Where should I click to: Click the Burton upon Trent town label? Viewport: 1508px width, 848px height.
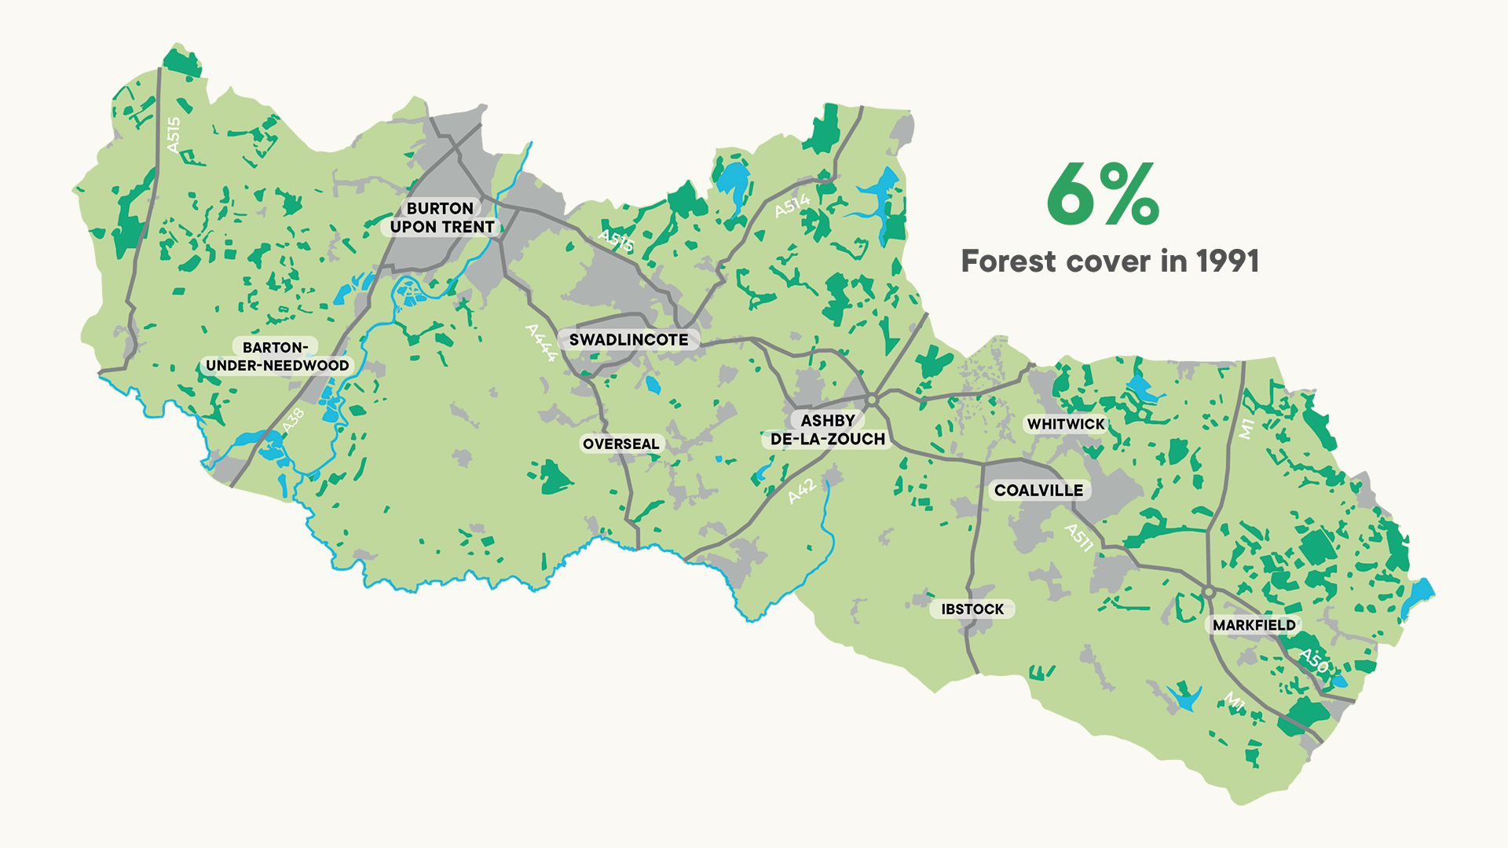pyautogui.click(x=441, y=217)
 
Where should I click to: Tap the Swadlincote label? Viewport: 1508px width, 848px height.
pyautogui.click(x=628, y=340)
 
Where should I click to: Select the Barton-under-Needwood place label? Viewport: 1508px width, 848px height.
pyautogui.click(x=276, y=356)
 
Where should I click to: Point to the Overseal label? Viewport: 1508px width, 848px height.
pyautogui.click(x=620, y=444)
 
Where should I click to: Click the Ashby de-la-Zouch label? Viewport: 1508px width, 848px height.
pyautogui.click(x=827, y=430)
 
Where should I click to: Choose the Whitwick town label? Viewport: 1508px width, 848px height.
pyautogui.click(x=1066, y=424)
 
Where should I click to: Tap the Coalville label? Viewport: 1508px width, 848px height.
pyautogui.click(x=1038, y=490)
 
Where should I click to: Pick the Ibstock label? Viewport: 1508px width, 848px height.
pyautogui.click(x=972, y=609)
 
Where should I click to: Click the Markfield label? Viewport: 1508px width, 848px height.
pyautogui.click(x=1254, y=625)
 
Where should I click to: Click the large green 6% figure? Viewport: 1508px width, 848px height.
pyautogui.click(x=1103, y=194)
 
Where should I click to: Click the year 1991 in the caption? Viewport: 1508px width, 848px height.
pyautogui.click(x=1228, y=261)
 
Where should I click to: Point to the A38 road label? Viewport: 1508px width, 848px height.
pyautogui.click(x=292, y=421)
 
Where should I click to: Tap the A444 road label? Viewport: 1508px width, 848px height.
pyautogui.click(x=541, y=343)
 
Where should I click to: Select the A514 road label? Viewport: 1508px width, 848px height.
pyautogui.click(x=792, y=206)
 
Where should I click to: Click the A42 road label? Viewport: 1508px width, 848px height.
pyautogui.click(x=802, y=492)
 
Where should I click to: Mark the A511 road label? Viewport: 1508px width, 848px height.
pyautogui.click(x=1078, y=538)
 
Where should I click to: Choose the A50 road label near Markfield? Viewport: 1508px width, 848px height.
pyautogui.click(x=1313, y=661)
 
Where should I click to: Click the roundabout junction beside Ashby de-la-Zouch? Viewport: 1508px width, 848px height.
pyautogui.click(x=871, y=400)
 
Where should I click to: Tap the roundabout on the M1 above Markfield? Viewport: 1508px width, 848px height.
pyautogui.click(x=1209, y=591)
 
